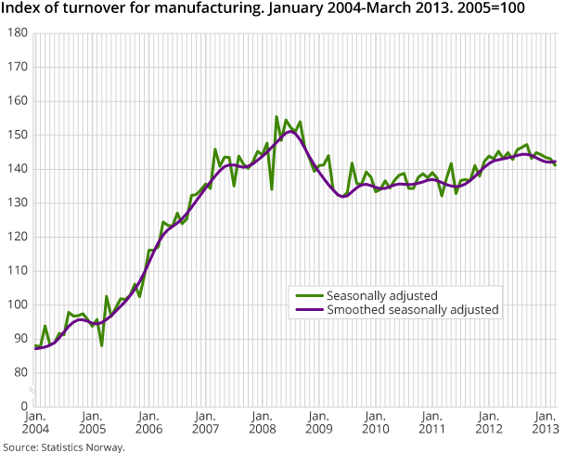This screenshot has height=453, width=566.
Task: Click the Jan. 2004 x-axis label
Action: tap(36, 425)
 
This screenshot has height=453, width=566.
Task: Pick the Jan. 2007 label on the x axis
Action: tap(205, 425)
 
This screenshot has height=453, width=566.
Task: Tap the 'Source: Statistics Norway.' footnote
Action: tap(63, 447)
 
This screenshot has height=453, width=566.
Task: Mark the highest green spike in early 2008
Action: tap(277, 117)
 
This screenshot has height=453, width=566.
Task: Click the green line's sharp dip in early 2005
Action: tap(102, 345)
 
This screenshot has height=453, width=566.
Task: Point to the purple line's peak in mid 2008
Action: tap(290, 131)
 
